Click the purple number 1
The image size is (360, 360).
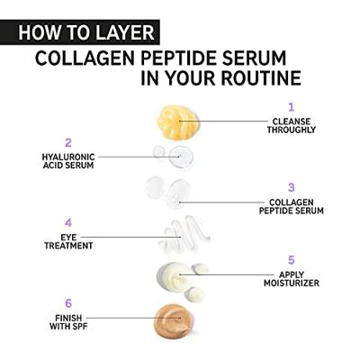pyautogui.click(x=291, y=106)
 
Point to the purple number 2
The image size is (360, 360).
pyautogui.click(x=67, y=142)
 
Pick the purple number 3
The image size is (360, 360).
pyautogui.click(x=291, y=187)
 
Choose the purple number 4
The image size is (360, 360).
pyautogui.click(x=67, y=222)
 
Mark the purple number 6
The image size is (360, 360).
pyautogui.click(x=67, y=303)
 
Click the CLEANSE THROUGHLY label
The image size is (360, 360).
pyautogui.click(x=291, y=124)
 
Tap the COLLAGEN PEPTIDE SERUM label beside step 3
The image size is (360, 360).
pyautogui.click(x=291, y=205)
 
